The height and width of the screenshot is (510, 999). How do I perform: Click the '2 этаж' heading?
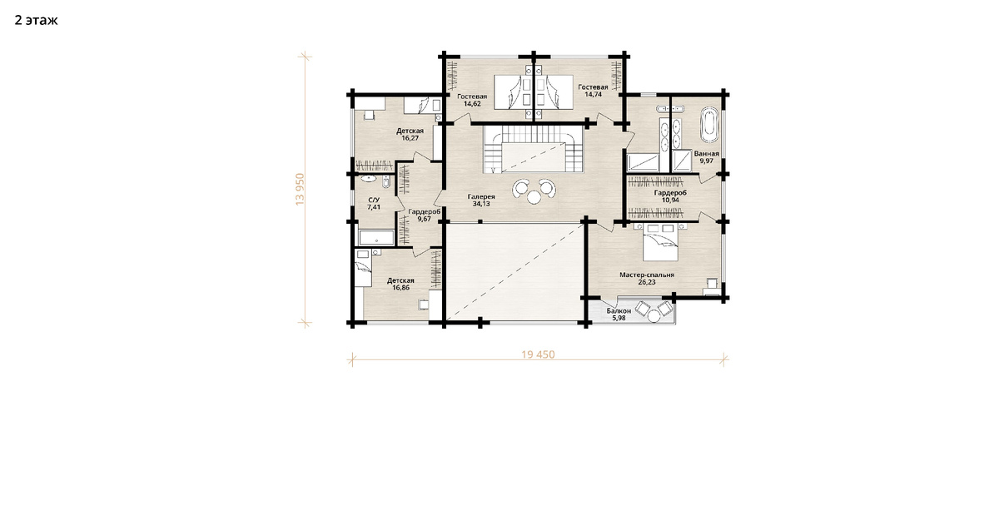[36, 21]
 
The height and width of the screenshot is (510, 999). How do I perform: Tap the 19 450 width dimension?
[538, 355]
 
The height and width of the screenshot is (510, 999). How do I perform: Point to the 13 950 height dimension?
[300, 189]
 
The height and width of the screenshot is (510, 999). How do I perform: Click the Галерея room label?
[481, 196]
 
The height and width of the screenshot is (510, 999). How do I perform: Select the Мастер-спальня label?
[647, 275]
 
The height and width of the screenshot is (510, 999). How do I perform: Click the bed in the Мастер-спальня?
[660, 243]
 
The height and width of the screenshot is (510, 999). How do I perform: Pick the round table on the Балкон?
[654, 316]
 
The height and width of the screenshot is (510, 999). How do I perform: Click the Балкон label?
[619, 310]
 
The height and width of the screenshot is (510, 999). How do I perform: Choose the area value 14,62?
[472, 104]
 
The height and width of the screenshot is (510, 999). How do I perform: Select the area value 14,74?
[593, 95]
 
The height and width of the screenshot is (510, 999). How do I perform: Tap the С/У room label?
[374, 200]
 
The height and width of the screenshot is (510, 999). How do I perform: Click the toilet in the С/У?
[386, 181]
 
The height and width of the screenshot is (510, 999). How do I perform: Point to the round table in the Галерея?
[534, 196]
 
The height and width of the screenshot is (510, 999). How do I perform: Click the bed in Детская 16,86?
[363, 268]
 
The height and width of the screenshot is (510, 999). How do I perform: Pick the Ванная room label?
[707, 154]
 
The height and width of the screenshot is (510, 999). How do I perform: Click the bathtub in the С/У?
[376, 238]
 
